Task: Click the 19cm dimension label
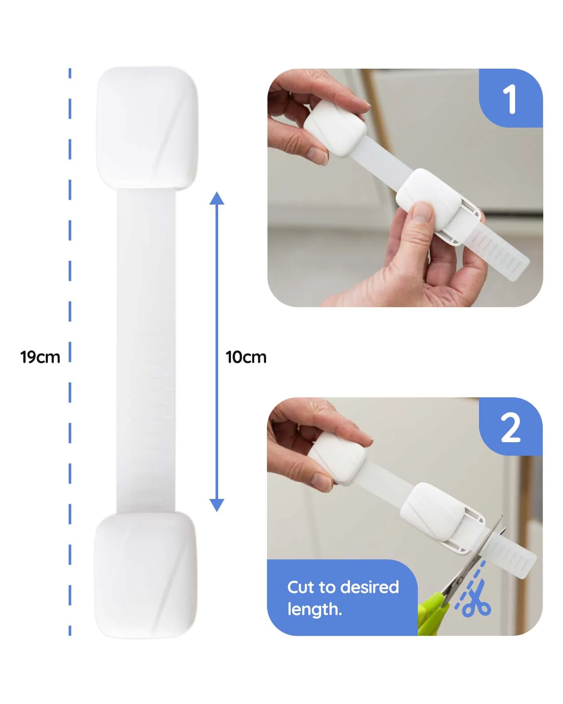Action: pyautogui.click(x=40, y=357)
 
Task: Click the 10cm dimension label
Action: pyautogui.click(x=246, y=357)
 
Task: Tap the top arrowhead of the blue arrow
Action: pyautogui.click(x=216, y=198)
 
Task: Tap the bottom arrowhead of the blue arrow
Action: pyautogui.click(x=216, y=505)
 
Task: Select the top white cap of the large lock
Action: pyautogui.click(x=147, y=128)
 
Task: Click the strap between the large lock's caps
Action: pyautogui.click(x=146, y=350)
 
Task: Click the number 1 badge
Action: pyautogui.click(x=511, y=98)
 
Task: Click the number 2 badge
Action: pyautogui.click(x=511, y=427)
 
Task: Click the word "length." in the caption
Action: pyautogui.click(x=314, y=609)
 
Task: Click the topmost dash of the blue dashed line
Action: pyautogui.click(x=69, y=73)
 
